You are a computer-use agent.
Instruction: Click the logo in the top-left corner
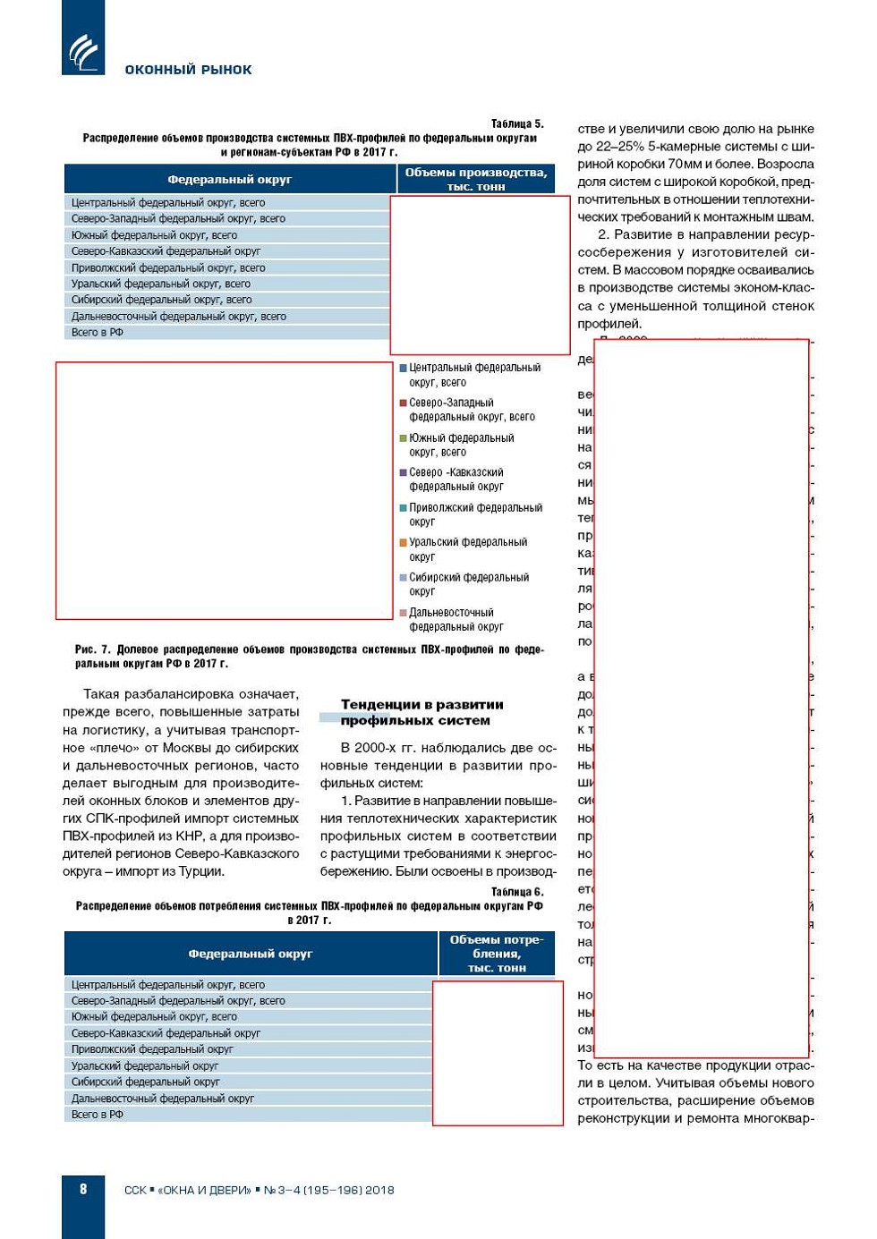83,49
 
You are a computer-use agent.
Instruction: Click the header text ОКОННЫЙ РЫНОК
188,70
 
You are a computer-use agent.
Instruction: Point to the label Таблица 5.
516,123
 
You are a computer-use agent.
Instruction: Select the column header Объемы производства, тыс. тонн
475,179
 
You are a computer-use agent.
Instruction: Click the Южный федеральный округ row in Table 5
154,235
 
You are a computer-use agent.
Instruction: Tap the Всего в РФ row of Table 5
98,332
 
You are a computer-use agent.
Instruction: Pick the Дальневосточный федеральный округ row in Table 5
178,316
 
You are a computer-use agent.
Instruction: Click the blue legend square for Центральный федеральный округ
403,368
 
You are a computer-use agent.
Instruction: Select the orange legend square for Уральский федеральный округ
403,542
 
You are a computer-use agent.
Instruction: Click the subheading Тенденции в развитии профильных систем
421,712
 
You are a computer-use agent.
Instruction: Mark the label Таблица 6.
516,892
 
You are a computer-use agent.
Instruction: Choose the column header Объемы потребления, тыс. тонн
496,954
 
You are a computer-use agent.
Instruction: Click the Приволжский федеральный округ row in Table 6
151,1049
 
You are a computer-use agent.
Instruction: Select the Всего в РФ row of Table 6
98,1115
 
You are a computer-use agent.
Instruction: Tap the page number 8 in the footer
83,1189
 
